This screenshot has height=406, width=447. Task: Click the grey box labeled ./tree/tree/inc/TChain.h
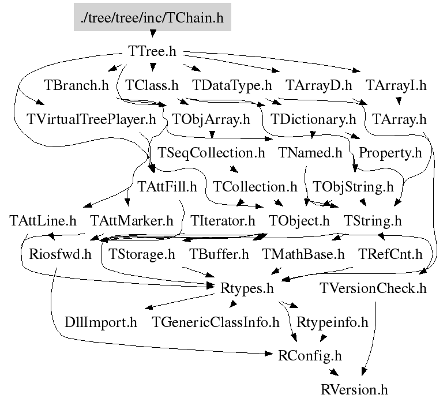(152, 17)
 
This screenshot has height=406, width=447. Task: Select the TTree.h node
(152, 51)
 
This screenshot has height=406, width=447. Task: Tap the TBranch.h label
(76, 85)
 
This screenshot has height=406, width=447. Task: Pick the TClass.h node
(152, 85)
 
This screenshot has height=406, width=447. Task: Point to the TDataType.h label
(232, 85)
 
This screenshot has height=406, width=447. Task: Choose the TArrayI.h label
(396, 85)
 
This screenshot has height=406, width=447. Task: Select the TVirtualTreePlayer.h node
(92, 119)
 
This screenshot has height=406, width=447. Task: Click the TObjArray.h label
(212, 119)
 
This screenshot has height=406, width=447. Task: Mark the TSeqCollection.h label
(211, 153)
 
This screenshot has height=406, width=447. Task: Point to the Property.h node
(390, 153)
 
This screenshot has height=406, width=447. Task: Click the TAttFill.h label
(167, 187)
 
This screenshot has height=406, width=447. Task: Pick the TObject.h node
(299, 220)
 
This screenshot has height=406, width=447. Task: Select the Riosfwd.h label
(56, 254)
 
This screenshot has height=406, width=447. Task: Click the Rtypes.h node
(247, 288)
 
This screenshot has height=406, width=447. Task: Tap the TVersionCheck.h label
(373, 288)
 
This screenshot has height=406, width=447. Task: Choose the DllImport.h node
(101, 322)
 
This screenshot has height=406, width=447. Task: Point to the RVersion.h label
(354, 389)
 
